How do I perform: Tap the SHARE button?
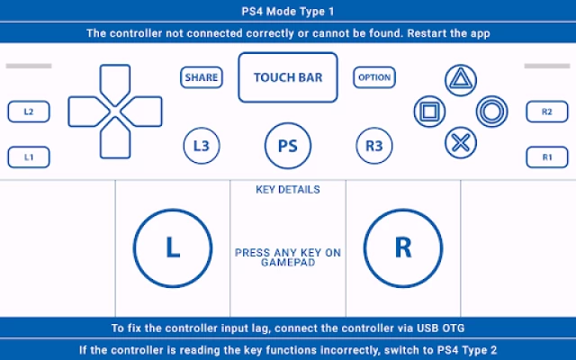point(202,77)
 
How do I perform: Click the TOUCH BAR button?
point(288,77)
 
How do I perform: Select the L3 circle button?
point(202,144)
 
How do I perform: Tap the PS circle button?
point(288,144)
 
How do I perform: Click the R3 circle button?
point(374,144)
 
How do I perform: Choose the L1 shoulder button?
point(29,157)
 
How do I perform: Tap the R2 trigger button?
point(547,112)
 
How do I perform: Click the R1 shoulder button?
point(547,157)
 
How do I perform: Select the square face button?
point(429,112)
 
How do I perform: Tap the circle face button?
point(492,112)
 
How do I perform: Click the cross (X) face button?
point(461,141)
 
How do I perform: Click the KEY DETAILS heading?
point(288,190)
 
